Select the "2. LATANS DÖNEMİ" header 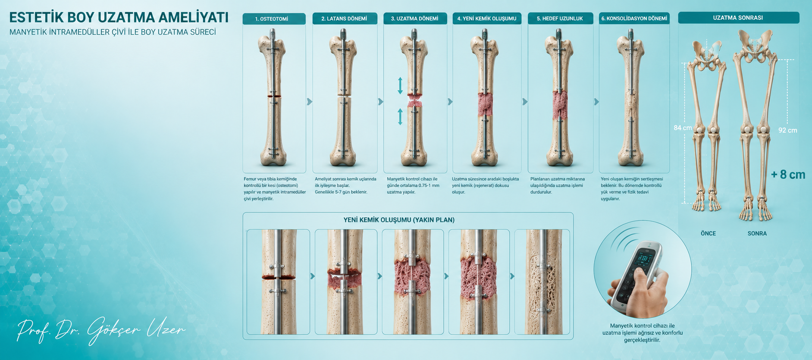[344, 19]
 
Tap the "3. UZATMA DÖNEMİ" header [414, 19]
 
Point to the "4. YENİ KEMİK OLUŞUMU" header [487, 19]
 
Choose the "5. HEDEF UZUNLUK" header [560, 19]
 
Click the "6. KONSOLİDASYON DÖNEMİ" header [634, 19]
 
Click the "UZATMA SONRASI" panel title [738, 18]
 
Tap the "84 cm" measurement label [683, 128]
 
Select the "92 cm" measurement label [787, 130]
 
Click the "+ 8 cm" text [788, 175]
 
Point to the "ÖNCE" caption [708, 233]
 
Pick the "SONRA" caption [757, 233]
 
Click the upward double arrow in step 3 [400, 85]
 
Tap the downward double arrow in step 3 [400, 117]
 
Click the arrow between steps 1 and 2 [309, 102]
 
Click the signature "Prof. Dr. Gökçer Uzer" [101, 331]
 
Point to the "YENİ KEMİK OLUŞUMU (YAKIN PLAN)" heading [399, 220]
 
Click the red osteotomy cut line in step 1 [274, 96]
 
